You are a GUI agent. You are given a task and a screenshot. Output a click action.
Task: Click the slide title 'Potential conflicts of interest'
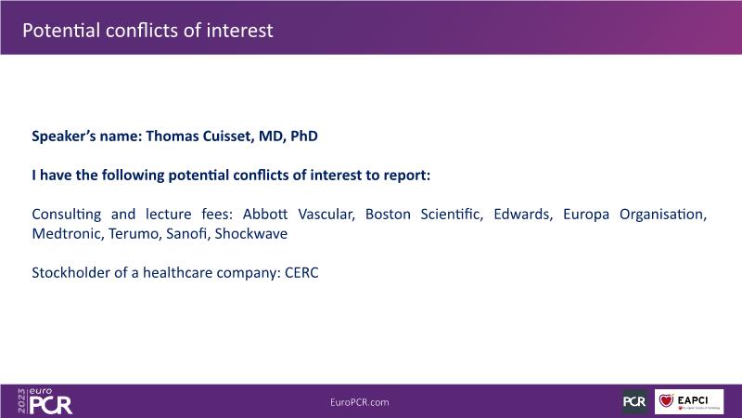[147, 31]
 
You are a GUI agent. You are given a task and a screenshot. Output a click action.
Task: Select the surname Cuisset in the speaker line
[228, 136]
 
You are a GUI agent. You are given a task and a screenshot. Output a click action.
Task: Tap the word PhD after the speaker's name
[304, 136]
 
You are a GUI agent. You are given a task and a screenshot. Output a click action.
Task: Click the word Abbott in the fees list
[265, 215]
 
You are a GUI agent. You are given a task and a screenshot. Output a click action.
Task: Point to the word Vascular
[326, 215]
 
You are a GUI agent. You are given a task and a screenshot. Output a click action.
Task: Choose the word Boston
[388, 215]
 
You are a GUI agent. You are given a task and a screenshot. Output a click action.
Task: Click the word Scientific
[452, 215]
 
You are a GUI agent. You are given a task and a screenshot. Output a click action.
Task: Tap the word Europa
[586, 215]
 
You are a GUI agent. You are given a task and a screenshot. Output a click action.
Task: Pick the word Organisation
[663, 215]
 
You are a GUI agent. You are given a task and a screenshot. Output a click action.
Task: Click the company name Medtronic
[67, 234]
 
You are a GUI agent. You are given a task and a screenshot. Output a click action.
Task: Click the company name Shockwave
[250, 234]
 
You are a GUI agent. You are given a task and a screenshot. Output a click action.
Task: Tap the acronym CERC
[301, 273]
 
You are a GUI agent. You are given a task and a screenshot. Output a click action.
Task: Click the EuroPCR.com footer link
[360, 402]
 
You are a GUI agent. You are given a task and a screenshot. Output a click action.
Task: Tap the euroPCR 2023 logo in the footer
[45, 401]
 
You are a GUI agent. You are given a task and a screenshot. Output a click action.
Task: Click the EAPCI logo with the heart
[689, 402]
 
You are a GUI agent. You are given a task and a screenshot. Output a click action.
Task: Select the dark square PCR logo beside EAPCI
[634, 402]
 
